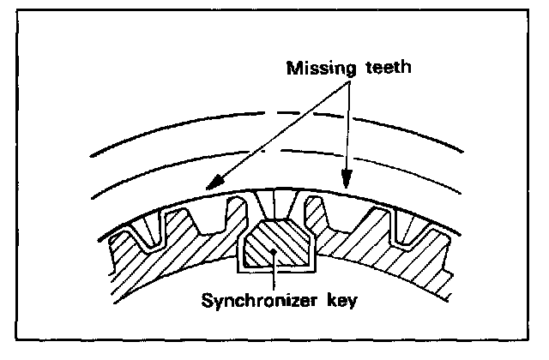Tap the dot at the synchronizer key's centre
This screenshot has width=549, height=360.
272,249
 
